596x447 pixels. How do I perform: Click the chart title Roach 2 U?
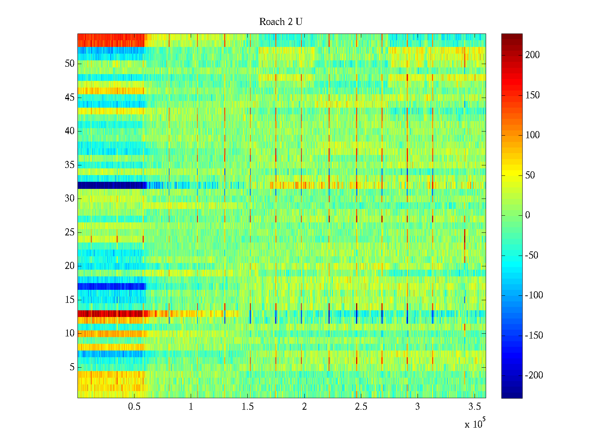pyautogui.click(x=280, y=22)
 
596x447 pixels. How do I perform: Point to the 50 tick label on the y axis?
pyautogui.click(x=70, y=63)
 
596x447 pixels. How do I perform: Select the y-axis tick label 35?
pyautogui.click(x=70, y=165)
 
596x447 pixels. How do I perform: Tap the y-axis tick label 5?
pyautogui.click(x=72, y=367)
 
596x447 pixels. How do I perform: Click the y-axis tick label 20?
pyautogui.click(x=70, y=266)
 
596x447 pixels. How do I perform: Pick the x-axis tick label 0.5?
pyautogui.click(x=134, y=407)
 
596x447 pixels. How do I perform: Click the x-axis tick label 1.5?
pyautogui.click(x=247, y=407)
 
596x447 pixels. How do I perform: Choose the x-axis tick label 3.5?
pyautogui.click(x=474, y=407)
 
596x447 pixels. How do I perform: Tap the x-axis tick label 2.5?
pyautogui.click(x=361, y=407)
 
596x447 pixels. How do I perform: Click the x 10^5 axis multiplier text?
pyautogui.click(x=475, y=424)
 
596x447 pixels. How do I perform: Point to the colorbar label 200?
pyautogui.click(x=532, y=55)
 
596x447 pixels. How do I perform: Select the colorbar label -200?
pyautogui.click(x=534, y=375)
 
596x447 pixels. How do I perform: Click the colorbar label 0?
pyautogui.click(x=527, y=215)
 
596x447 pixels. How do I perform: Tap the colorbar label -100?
pyautogui.click(x=534, y=295)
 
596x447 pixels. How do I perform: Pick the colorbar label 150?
pyautogui.click(x=532, y=95)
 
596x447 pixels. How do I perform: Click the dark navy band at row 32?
pyautogui.click(x=112, y=185)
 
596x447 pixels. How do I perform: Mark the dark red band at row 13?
pyautogui.click(x=112, y=314)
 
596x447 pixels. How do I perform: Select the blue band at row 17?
pyautogui.click(x=112, y=286)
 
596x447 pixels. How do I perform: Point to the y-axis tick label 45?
pyautogui.click(x=70, y=97)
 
